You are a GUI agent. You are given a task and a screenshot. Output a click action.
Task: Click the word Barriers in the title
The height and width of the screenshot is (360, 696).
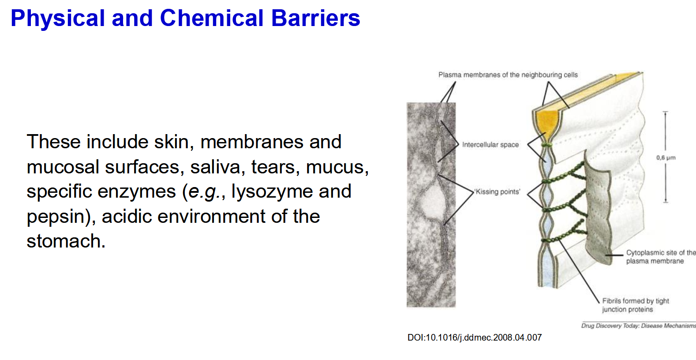point(315,19)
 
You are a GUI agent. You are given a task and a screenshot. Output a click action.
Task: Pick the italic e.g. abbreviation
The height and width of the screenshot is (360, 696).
point(203,191)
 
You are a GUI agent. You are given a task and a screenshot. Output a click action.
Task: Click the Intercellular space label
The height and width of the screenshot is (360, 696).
point(490,145)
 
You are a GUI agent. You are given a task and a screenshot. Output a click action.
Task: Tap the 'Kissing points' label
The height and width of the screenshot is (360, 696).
point(497,191)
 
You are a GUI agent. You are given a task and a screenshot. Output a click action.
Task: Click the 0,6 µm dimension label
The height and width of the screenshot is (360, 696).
point(666,157)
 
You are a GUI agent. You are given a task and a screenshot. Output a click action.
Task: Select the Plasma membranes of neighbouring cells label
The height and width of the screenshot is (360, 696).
point(508,75)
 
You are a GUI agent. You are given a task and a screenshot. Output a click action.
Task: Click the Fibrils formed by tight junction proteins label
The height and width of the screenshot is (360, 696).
point(635,305)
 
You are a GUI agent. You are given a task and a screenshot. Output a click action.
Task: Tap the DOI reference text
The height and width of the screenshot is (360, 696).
point(474,337)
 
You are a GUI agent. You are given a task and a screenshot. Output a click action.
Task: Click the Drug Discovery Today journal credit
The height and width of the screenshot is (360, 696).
point(638,326)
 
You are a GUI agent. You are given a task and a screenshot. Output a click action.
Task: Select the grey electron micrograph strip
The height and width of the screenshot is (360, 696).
point(430,205)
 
